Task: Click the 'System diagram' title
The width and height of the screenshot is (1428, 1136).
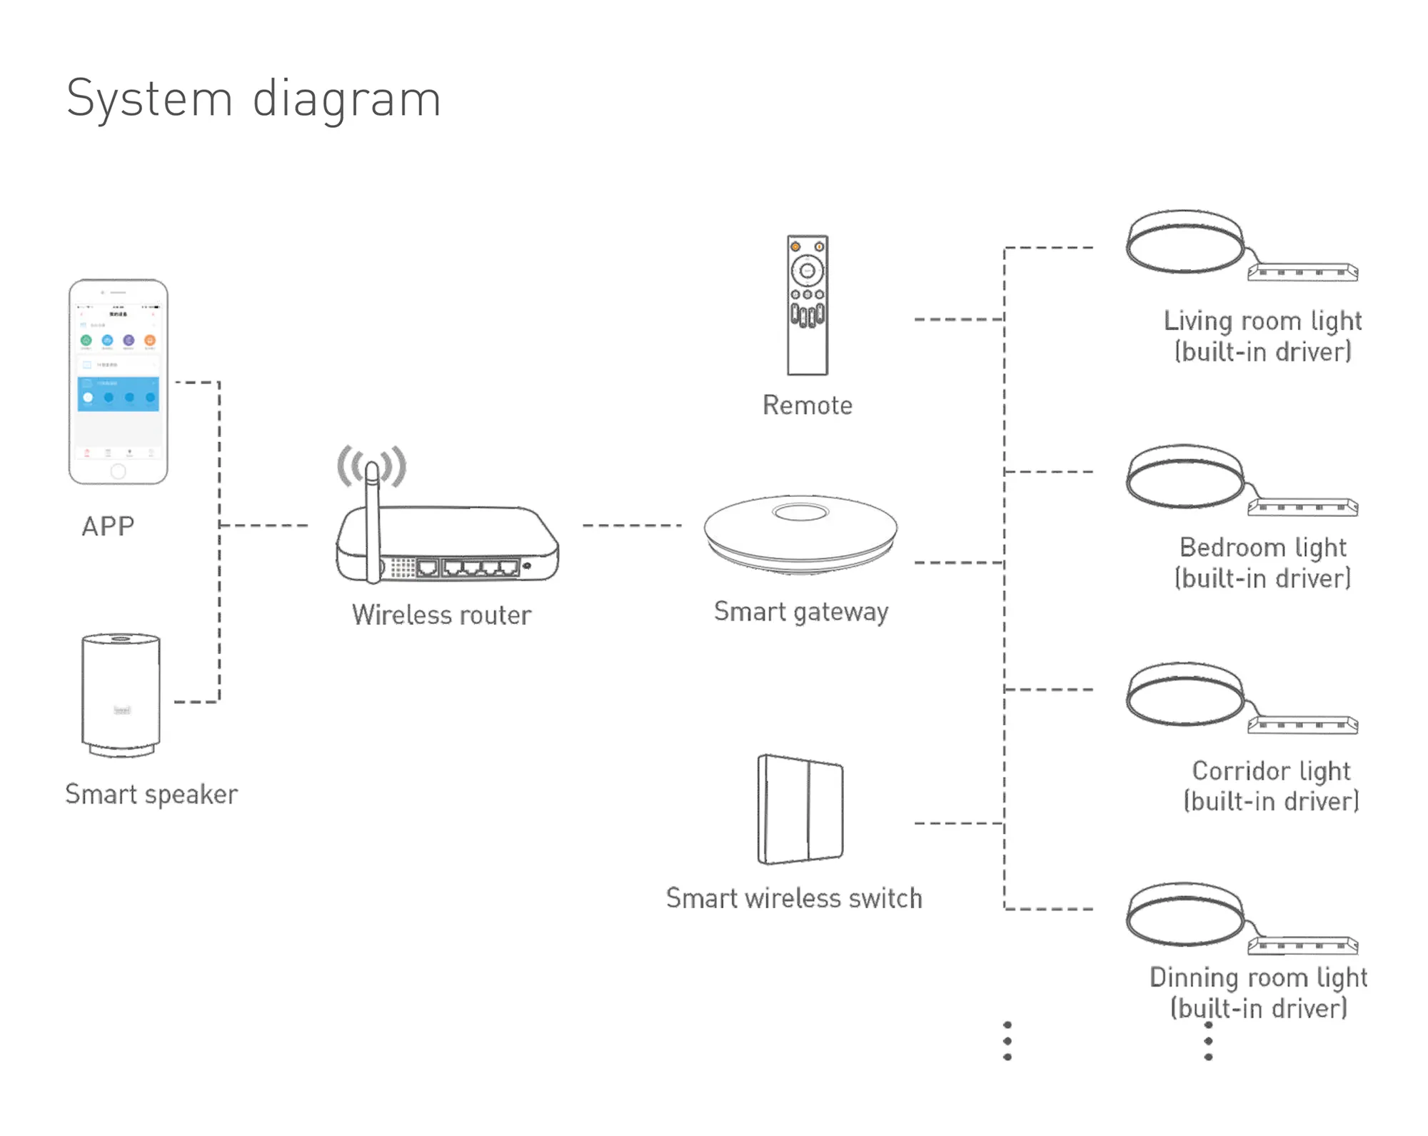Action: [x=253, y=99]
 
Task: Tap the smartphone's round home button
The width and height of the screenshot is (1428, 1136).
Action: [x=119, y=471]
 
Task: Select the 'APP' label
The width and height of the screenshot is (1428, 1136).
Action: [x=108, y=526]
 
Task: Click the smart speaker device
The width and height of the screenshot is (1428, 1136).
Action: [x=121, y=694]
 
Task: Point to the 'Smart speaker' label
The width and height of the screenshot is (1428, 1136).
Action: [x=151, y=794]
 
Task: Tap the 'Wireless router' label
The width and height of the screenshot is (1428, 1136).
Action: [x=441, y=615]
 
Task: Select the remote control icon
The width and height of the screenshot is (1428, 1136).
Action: [x=808, y=305]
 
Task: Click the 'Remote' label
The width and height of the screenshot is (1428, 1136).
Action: [x=808, y=406]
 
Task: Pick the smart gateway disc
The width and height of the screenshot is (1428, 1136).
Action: [x=800, y=532]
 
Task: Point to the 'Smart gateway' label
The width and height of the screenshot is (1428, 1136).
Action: [x=801, y=612]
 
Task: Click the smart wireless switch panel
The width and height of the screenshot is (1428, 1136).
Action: [x=800, y=809]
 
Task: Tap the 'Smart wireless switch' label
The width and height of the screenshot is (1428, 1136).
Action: [x=794, y=898]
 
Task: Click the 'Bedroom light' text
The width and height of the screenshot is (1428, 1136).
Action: [x=1262, y=548]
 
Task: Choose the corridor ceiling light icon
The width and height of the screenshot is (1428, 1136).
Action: [x=1186, y=693]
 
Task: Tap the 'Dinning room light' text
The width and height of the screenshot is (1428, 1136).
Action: [x=1258, y=977]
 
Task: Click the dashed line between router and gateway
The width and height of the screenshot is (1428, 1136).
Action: [x=632, y=526]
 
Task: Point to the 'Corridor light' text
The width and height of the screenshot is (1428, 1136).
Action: [x=1271, y=771]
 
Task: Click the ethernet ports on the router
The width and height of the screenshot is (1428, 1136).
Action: [x=468, y=568]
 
